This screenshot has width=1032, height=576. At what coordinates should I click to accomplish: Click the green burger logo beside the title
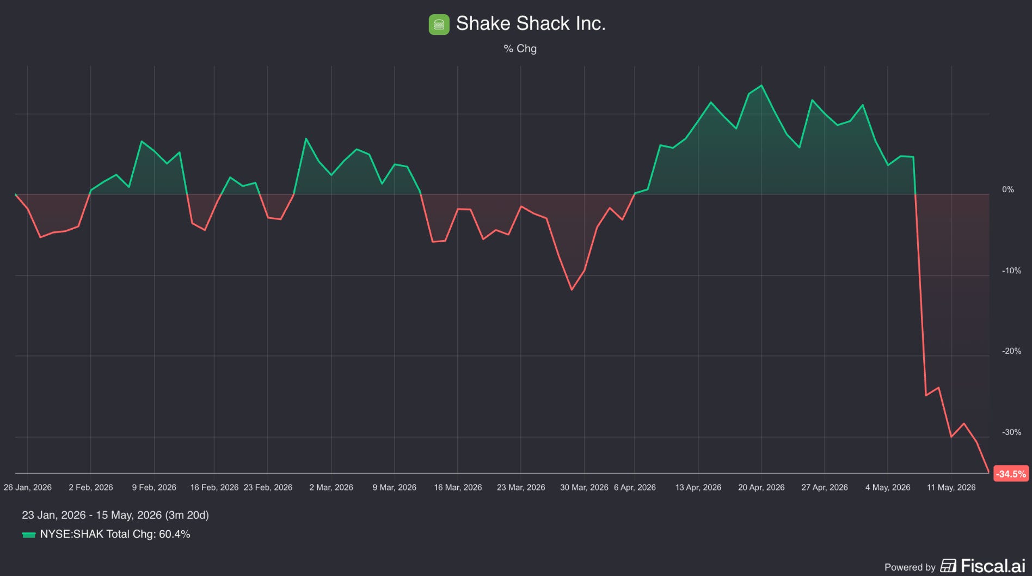click(439, 24)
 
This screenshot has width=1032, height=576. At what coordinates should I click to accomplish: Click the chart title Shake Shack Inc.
click(531, 23)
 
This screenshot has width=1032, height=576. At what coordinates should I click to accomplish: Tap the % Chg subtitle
click(520, 48)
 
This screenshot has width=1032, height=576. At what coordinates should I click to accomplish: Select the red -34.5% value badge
click(1011, 474)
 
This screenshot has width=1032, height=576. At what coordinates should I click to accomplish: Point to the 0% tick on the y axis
click(1008, 189)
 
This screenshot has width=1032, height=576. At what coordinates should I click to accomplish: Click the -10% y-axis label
click(1011, 271)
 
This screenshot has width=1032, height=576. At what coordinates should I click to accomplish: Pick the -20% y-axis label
click(1011, 351)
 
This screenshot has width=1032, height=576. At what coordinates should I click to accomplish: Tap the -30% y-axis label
click(1011, 432)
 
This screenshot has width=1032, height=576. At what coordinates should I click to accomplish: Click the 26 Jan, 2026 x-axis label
click(28, 487)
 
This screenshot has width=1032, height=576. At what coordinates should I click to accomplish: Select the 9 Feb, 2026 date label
click(154, 487)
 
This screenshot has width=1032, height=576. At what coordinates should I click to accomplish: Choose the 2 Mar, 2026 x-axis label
click(331, 487)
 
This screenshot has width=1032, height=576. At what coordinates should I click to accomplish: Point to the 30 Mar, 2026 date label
click(584, 487)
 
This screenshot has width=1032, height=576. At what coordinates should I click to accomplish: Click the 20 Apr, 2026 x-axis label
click(761, 487)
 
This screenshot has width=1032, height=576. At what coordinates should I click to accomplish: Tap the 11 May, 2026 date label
click(951, 487)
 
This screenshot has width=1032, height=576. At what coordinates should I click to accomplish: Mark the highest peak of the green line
click(761, 85)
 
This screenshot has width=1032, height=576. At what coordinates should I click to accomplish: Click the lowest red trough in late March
click(572, 290)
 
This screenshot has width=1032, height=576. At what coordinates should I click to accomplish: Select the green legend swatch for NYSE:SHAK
click(29, 535)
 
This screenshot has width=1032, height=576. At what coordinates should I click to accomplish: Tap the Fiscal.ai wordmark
click(993, 566)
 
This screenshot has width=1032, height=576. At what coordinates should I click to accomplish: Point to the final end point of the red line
click(988, 472)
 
